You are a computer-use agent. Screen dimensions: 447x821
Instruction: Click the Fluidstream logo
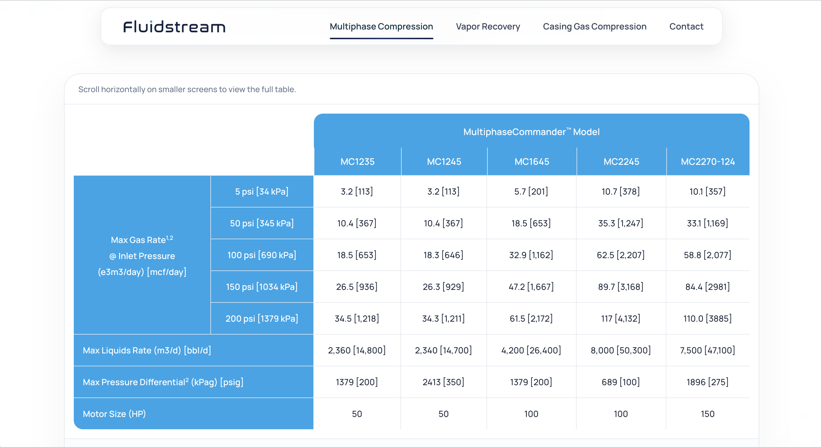(174, 27)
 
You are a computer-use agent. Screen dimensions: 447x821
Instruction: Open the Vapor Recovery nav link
(488, 27)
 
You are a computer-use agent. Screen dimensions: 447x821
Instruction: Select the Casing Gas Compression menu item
(594, 27)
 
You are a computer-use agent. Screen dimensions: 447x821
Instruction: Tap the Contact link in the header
(686, 27)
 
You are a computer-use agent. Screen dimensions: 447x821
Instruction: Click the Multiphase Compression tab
(381, 27)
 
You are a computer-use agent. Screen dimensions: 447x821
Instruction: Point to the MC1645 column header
(532, 162)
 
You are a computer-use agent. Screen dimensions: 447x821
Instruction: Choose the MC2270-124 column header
(708, 162)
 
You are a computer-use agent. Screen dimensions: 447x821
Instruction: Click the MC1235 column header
(357, 162)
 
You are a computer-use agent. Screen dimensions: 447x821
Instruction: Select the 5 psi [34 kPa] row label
(262, 191)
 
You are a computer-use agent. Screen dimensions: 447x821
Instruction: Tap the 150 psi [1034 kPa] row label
(262, 287)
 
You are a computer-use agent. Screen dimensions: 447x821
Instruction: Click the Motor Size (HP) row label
(114, 414)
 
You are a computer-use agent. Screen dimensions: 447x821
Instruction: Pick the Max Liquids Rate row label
(147, 350)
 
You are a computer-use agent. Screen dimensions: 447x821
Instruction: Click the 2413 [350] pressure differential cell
(443, 382)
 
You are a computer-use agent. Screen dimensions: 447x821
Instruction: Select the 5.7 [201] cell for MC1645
(531, 191)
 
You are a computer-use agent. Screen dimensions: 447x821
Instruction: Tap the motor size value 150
(707, 414)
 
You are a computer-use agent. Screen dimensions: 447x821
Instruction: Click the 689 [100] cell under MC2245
(621, 382)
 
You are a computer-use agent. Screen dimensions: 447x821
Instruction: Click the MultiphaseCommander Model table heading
(531, 132)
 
